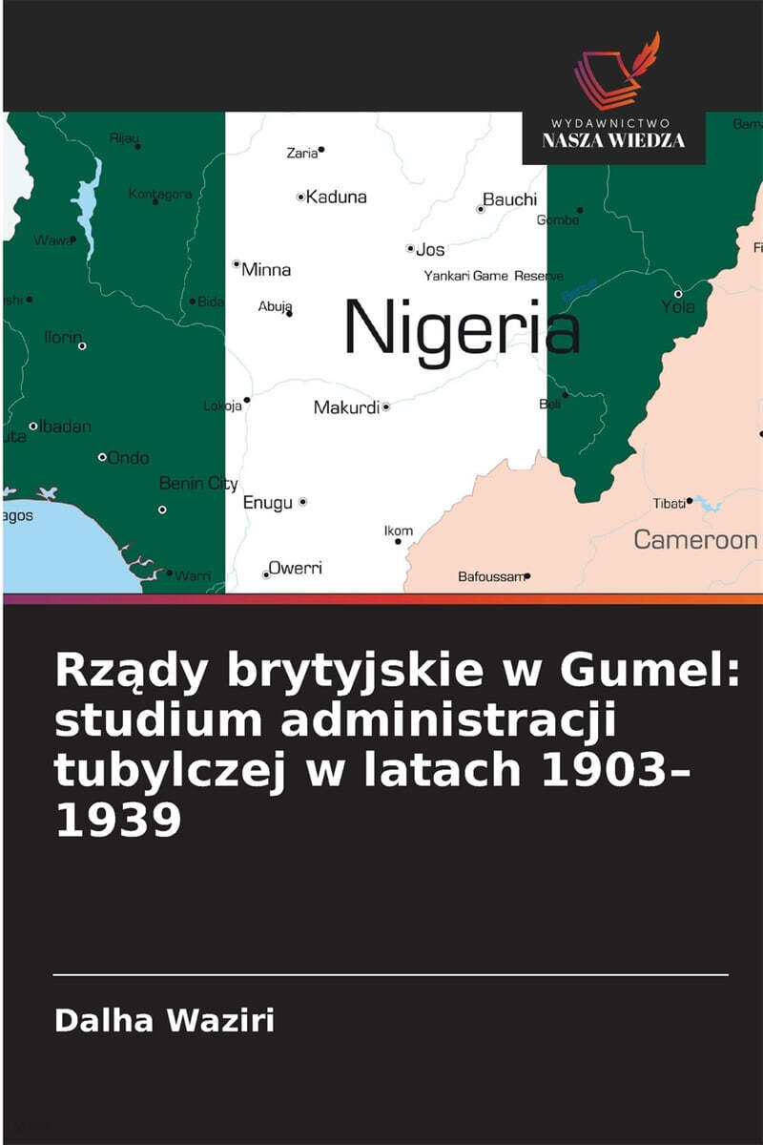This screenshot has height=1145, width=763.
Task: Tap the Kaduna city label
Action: point(336,198)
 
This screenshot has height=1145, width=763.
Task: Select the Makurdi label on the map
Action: point(346,407)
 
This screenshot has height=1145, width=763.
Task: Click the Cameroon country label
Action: point(695,540)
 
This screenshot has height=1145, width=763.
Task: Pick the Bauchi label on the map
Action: point(510,200)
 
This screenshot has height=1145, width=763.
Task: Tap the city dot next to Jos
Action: point(410,249)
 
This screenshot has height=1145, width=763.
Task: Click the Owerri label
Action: point(295,568)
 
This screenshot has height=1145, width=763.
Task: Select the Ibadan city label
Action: point(66,427)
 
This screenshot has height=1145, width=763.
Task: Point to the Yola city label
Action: point(678,307)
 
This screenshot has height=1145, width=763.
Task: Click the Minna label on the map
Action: point(266,270)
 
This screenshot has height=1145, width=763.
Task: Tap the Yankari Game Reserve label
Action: point(493,276)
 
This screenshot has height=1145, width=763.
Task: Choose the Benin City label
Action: point(198,484)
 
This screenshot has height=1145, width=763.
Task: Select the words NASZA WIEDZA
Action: point(613,140)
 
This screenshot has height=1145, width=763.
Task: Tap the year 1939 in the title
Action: point(118,821)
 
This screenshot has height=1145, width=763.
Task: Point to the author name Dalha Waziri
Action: point(164,1020)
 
